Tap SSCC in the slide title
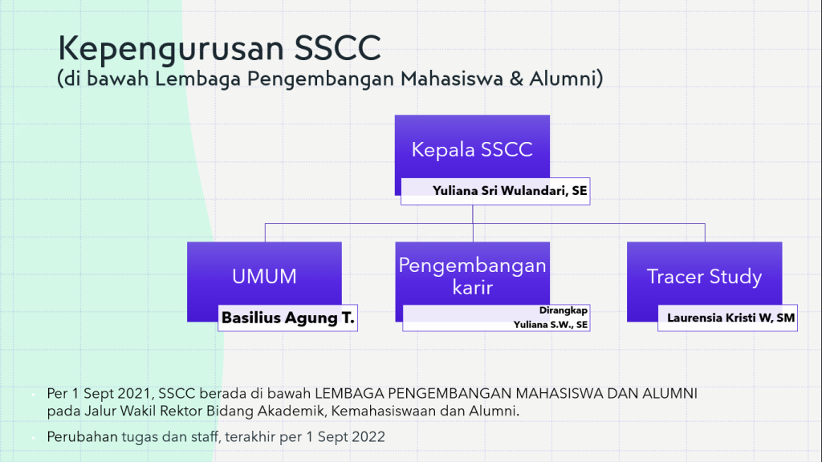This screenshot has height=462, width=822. (x=338, y=47)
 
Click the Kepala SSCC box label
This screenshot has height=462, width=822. (x=472, y=150)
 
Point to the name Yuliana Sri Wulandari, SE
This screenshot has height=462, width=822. (x=510, y=191)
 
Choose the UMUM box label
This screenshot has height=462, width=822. (x=264, y=277)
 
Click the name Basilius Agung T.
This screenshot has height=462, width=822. (x=288, y=318)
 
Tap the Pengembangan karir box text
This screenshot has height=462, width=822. (x=472, y=276)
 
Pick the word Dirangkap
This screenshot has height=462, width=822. (x=563, y=310)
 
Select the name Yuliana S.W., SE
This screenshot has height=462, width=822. (x=551, y=325)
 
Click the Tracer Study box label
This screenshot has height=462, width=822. (x=704, y=277)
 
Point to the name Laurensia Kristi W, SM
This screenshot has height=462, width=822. (x=730, y=318)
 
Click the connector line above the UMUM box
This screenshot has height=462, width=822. (x=265, y=233)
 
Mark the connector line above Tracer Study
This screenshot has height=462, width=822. (x=705, y=233)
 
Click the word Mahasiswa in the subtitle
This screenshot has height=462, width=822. (x=451, y=79)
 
